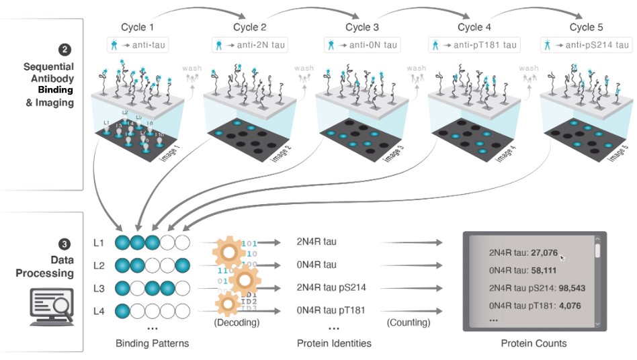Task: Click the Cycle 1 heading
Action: pyautogui.click(x=137, y=28)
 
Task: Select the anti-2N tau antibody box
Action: pyautogui.click(x=250, y=45)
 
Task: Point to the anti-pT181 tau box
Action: pyautogui.click(x=474, y=45)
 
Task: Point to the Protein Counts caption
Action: pyautogui.click(x=534, y=343)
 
